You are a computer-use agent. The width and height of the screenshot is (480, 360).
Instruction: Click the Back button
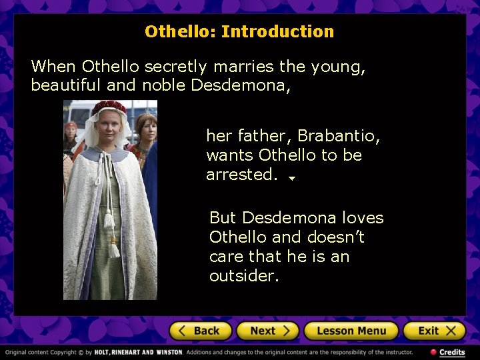pos(200,331)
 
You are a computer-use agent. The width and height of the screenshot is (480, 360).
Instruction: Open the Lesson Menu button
pos(351,331)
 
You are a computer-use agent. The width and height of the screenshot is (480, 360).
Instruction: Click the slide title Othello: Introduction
pos(239,31)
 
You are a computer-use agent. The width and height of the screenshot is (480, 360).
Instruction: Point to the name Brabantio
pos(339,136)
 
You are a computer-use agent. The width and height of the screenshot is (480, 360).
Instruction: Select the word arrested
pos(241,175)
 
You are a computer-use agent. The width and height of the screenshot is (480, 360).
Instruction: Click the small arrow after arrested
pos(292,178)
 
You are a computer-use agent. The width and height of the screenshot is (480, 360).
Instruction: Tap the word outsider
pos(243,276)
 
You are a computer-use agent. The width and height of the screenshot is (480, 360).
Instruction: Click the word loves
pos(362,218)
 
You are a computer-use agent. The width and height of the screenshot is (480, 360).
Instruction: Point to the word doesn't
pos(335,237)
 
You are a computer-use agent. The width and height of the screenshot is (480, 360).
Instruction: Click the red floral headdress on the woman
pos(109,107)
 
